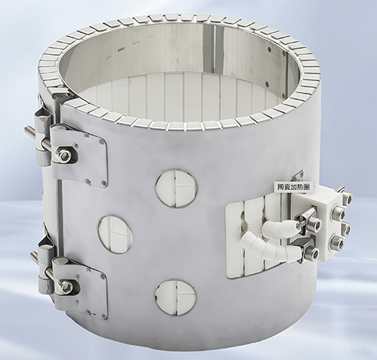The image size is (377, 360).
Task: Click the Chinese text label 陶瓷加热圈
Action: point(293,187)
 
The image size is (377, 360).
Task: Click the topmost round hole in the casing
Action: point(176,188)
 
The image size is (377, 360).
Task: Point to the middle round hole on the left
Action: point(115,233)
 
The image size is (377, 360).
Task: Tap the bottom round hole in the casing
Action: point(175,299)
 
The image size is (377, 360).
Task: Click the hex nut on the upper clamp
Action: point(62,155)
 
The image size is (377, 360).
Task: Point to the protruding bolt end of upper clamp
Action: point(29,132)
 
